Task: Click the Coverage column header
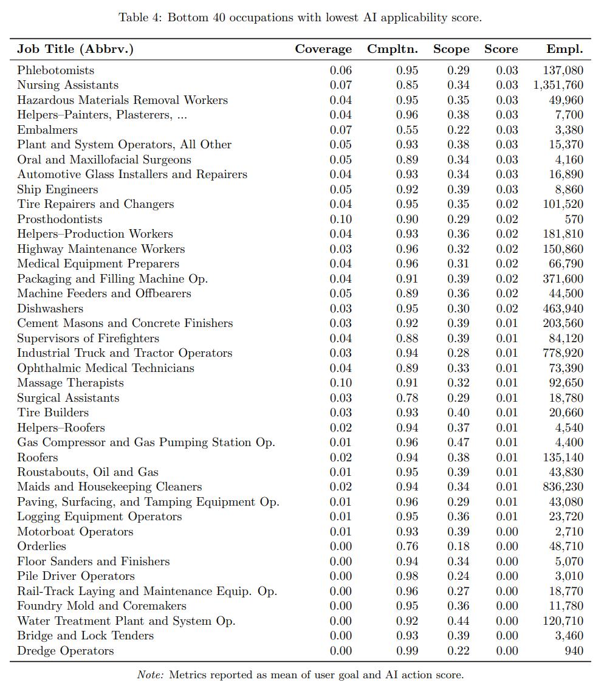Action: tap(323, 49)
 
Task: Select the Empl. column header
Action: tap(565, 49)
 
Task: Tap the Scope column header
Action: tap(451, 49)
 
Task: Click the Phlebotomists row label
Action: tap(56, 71)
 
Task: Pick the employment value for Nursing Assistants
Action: tap(558, 85)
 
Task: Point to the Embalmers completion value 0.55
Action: tap(407, 130)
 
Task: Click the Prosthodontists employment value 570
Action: tap(573, 219)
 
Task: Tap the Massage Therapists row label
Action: tap(70, 383)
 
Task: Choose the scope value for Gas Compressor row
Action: tap(458, 442)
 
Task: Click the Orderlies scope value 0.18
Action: tap(458, 546)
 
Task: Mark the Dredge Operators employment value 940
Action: tap(573, 651)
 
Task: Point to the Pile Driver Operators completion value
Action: tap(407, 576)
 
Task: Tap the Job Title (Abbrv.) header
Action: tap(75, 49)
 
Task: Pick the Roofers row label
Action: tap(38, 458)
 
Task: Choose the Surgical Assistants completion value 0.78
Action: tap(407, 398)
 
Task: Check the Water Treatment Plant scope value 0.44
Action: tap(458, 621)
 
